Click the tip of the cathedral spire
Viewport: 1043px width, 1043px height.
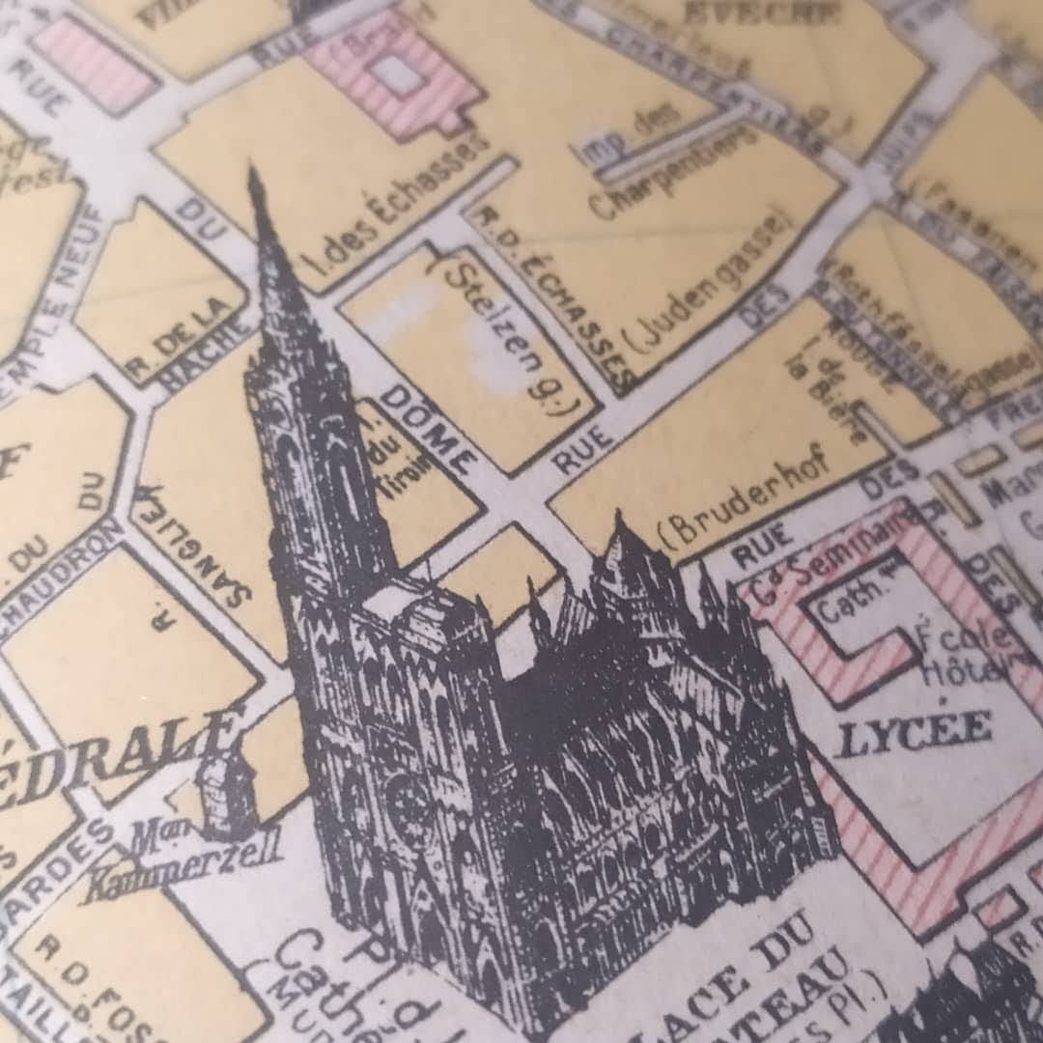pyautogui.click(x=254, y=174)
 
